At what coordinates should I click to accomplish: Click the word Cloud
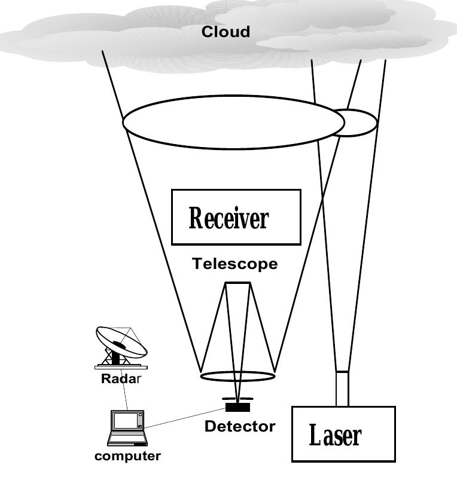[x=226, y=32]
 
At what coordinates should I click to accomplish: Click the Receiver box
[x=236, y=217]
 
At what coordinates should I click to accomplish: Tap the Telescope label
[x=234, y=264]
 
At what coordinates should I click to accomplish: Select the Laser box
[x=343, y=434]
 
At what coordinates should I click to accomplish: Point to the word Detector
[x=240, y=427]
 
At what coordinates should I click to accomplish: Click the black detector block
[x=238, y=408]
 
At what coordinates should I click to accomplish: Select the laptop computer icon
[x=127, y=428]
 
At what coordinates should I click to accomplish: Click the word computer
[x=127, y=457]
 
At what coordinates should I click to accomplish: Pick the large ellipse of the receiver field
[x=233, y=123]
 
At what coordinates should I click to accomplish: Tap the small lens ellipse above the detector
[x=237, y=376]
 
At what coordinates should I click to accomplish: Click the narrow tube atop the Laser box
[x=342, y=389]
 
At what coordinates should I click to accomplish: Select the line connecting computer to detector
[x=185, y=418]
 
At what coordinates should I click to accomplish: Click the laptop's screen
[x=127, y=421]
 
